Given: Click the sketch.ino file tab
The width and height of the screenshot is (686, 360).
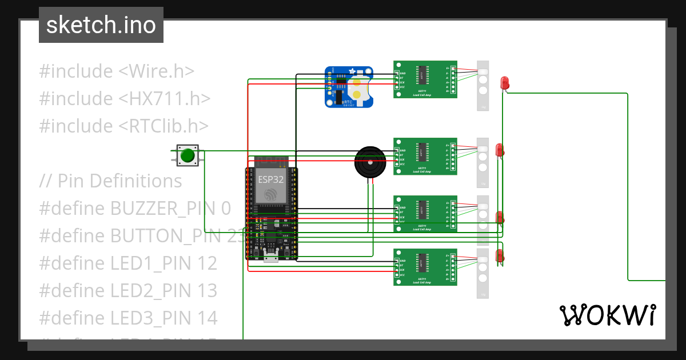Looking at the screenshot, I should (x=101, y=25).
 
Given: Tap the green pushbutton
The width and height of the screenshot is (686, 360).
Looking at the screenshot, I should (x=187, y=155).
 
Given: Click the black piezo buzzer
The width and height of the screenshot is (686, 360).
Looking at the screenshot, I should (x=370, y=162).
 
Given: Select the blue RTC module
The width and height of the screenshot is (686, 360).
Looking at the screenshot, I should (x=349, y=87).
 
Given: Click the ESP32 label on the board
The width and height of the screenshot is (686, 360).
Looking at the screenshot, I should (x=270, y=178).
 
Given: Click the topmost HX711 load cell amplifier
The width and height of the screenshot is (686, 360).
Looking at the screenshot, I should (x=425, y=79).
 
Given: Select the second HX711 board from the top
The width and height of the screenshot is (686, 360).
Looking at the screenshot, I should (x=425, y=155).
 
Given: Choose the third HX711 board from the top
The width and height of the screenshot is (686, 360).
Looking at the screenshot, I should (x=425, y=213).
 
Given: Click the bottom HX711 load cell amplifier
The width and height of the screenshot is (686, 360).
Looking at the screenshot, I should (x=425, y=267).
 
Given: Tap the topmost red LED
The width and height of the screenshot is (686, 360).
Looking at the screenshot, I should (x=505, y=83).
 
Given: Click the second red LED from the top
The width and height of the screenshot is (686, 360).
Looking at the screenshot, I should (x=499, y=150).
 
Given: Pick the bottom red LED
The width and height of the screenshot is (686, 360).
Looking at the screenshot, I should (x=500, y=255).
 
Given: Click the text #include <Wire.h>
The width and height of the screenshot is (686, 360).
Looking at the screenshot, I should (x=117, y=71).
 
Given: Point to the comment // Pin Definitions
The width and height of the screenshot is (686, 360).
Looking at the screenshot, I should (x=111, y=181).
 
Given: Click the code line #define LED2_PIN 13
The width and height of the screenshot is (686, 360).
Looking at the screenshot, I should (x=128, y=291).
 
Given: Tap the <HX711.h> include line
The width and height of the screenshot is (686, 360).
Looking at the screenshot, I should (x=125, y=99).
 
